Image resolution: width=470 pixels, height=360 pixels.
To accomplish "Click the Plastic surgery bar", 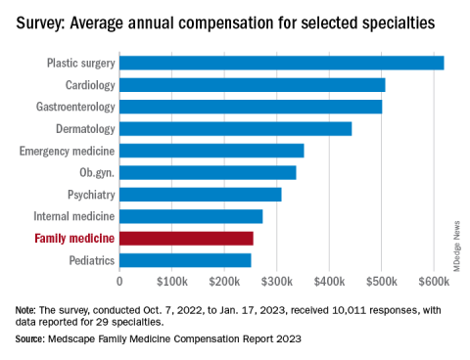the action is click(282, 63).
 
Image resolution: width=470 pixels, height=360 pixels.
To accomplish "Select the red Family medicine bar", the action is click(186, 239).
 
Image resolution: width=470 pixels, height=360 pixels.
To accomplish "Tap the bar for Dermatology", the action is click(236, 129).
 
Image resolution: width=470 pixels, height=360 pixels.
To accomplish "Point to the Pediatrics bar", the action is click(185, 260).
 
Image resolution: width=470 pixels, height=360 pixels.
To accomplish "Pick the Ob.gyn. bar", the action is click(208, 172).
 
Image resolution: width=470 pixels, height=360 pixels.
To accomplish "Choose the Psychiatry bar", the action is click(201, 195).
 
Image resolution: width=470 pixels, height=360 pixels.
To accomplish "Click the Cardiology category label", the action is click(90, 85).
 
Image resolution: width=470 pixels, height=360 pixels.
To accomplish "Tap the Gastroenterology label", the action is click(75, 107).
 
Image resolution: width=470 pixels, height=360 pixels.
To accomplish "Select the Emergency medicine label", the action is click(67, 151).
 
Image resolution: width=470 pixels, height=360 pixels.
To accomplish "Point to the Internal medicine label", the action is click(74, 216).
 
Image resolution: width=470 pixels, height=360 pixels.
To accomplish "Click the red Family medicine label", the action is click(74, 239).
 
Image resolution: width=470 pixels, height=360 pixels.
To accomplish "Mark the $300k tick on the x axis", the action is click(277, 281).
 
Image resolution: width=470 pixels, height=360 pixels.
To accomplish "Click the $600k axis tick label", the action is click(434, 281).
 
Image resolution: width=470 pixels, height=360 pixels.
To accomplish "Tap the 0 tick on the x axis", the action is click(119, 281).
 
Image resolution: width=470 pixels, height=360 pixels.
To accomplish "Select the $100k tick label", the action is click(172, 281).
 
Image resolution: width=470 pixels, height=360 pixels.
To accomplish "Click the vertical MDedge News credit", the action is click(456, 247).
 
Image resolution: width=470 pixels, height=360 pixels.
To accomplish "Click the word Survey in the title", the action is click(41, 23).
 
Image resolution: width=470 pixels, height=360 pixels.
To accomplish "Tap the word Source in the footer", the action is click(29, 338).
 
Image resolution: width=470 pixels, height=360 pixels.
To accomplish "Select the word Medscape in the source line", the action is click(71, 339).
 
